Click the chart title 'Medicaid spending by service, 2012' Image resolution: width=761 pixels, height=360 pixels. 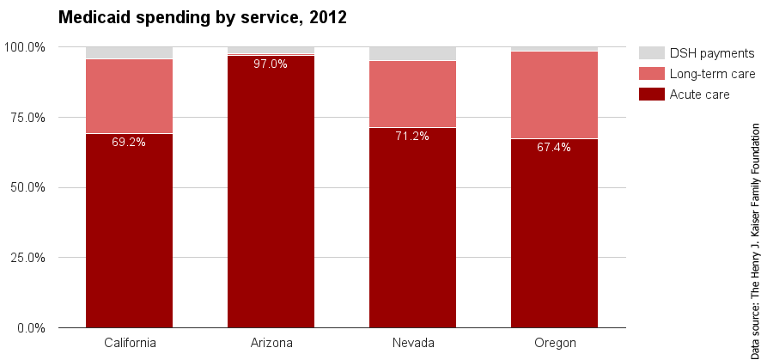tap(202, 17)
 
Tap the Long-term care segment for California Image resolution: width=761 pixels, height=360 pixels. tap(129, 96)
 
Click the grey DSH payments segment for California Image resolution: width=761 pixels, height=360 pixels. tap(129, 52)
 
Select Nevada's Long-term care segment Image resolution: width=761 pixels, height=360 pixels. tap(412, 94)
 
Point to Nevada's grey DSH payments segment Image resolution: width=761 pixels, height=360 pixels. tap(412, 53)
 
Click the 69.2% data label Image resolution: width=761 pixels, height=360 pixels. tap(129, 142)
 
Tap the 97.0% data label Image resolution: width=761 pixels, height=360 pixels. tap(271, 64)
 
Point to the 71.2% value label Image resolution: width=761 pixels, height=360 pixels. tap(412, 136)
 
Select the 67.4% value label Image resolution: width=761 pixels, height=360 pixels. tap(554, 147)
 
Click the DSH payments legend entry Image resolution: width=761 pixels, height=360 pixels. tap(711, 53)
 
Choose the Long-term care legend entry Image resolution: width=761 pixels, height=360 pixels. tap(712, 74)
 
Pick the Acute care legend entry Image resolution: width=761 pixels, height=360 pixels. tap(699, 95)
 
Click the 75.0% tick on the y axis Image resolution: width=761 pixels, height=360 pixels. tap(28, 117)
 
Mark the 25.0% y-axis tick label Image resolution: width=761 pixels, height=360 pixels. tap(28, 258)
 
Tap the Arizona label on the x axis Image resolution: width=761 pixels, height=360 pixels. tap(271, 343)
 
